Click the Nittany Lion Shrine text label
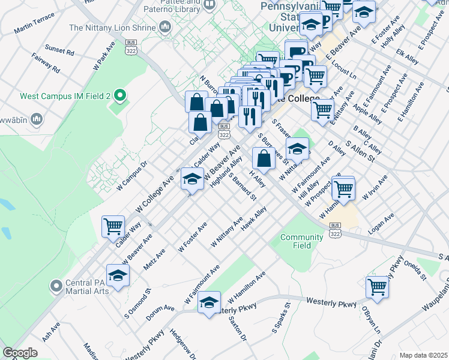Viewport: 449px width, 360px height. click(112, 28)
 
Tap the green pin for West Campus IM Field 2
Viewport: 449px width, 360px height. click(120, 95)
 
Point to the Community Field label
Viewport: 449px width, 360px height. click(302, 241)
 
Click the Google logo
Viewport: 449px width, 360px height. click(20, 353)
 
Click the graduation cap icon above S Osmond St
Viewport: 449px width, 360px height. click(118, 275)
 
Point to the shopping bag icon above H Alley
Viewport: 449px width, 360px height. click(264, 158)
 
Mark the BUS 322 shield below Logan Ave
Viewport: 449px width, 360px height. click(335, 229)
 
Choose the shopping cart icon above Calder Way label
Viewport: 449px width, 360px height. click(113, 226)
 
